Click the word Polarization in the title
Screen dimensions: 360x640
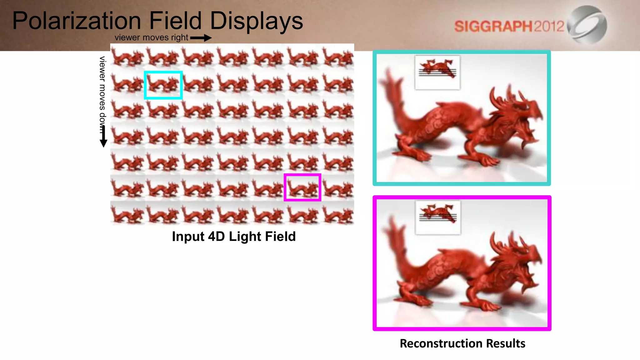coord(77,21)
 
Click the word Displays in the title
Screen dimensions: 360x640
coord(256,21)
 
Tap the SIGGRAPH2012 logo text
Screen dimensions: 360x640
coord(509,26)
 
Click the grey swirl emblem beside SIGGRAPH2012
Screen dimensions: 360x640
coord(587,24)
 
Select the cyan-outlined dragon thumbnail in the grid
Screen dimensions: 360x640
coord(163,85)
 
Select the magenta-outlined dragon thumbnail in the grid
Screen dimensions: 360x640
coord(302,187)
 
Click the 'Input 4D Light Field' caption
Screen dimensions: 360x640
coord(234,237)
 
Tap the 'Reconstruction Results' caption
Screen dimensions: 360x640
coord(462,343)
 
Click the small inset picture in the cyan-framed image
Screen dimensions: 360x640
coord(437,72)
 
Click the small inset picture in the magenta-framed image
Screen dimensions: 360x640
coord(438,217)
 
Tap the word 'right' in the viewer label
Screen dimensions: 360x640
coord(179,37)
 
